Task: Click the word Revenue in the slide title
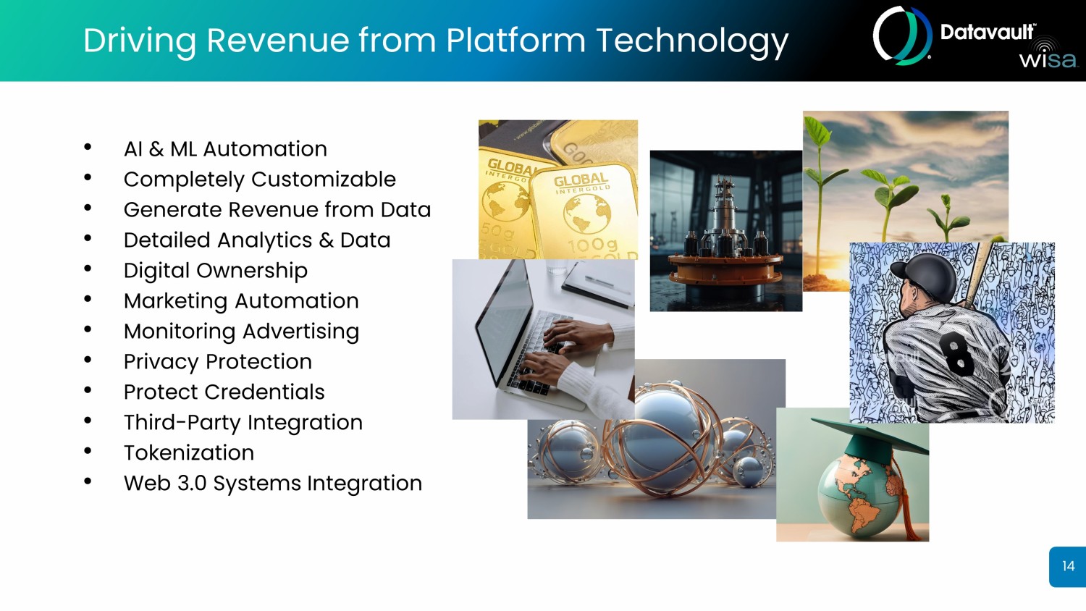tap(277, 40)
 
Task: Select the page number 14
tap(1068, 566)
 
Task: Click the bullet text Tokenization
tap(188, 453)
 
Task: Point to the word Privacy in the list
tap(161, 362)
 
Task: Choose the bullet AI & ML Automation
tap(225, 149)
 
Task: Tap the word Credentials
tap(264, 392)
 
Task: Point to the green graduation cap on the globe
tap(870, 438)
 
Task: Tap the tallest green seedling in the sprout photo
tap(820, 194)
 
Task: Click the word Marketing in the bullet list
tap(175, 302)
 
